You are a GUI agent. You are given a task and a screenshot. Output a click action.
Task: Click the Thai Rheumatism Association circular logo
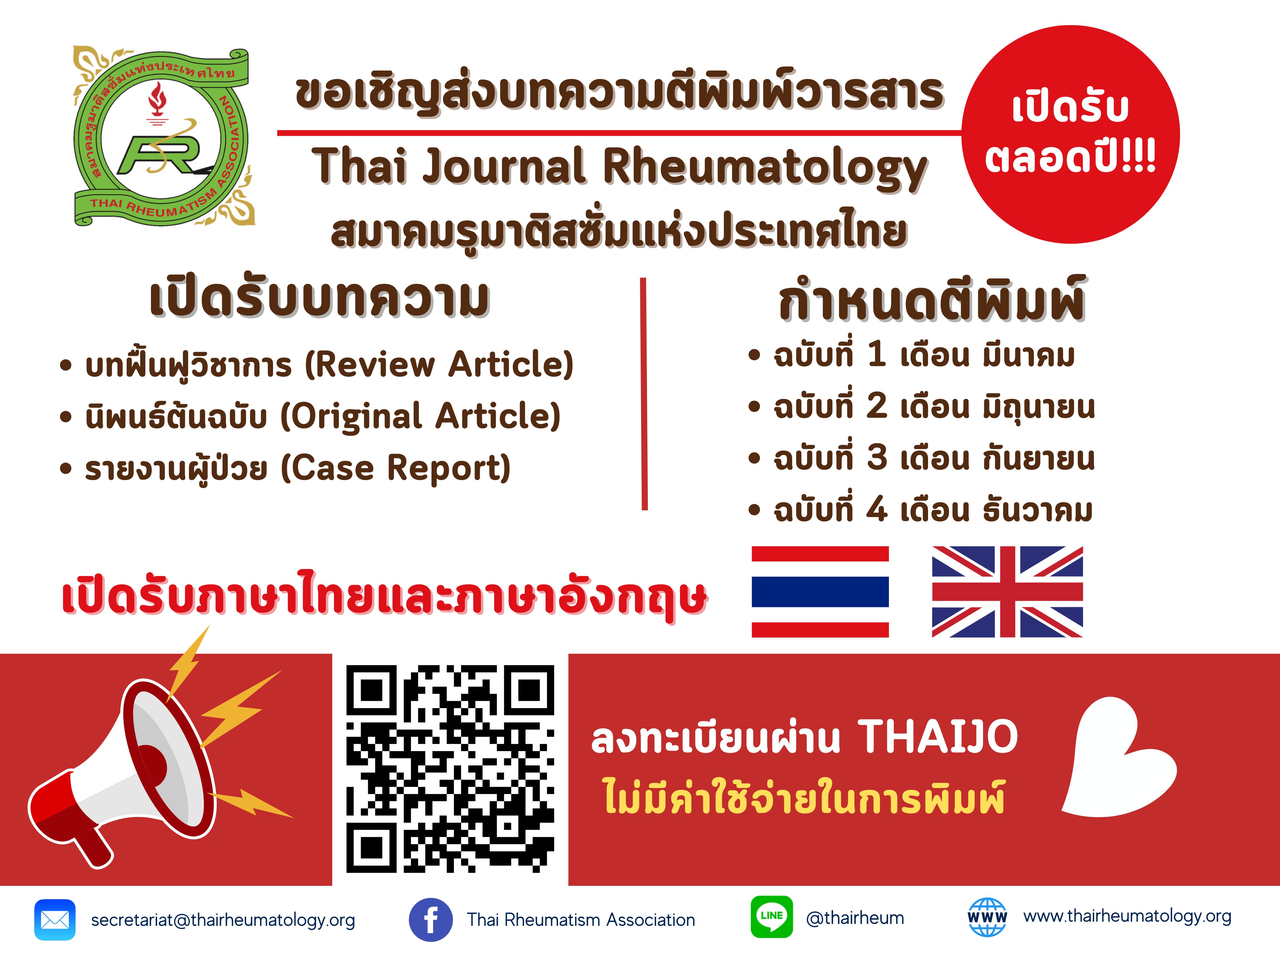click(164, 137)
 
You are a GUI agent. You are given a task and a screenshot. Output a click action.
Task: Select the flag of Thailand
click(820, 591)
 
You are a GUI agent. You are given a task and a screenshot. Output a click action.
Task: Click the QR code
click(450, 768)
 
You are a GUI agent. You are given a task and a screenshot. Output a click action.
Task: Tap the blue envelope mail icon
click(55, 919)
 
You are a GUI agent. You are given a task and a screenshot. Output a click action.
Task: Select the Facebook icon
click(431, 919)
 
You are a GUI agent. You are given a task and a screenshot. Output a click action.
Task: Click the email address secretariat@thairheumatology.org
click(223, 920)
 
